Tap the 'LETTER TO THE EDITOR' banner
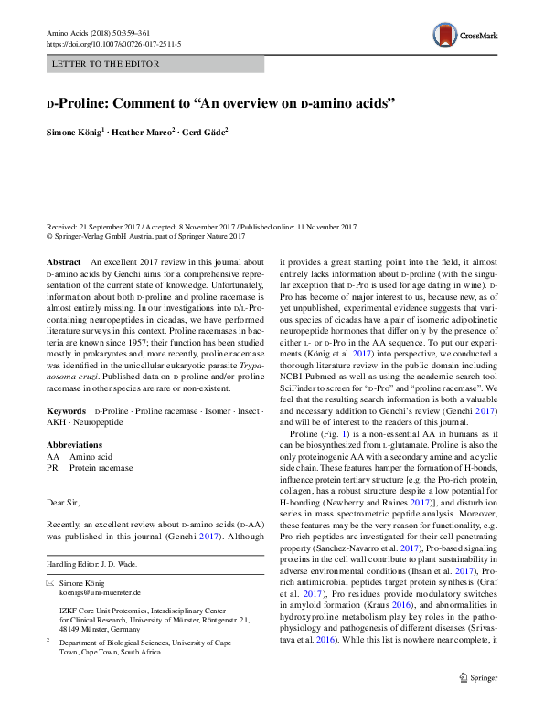[107, 64]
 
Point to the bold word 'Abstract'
[63, 261]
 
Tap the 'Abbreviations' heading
[75, 420]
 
